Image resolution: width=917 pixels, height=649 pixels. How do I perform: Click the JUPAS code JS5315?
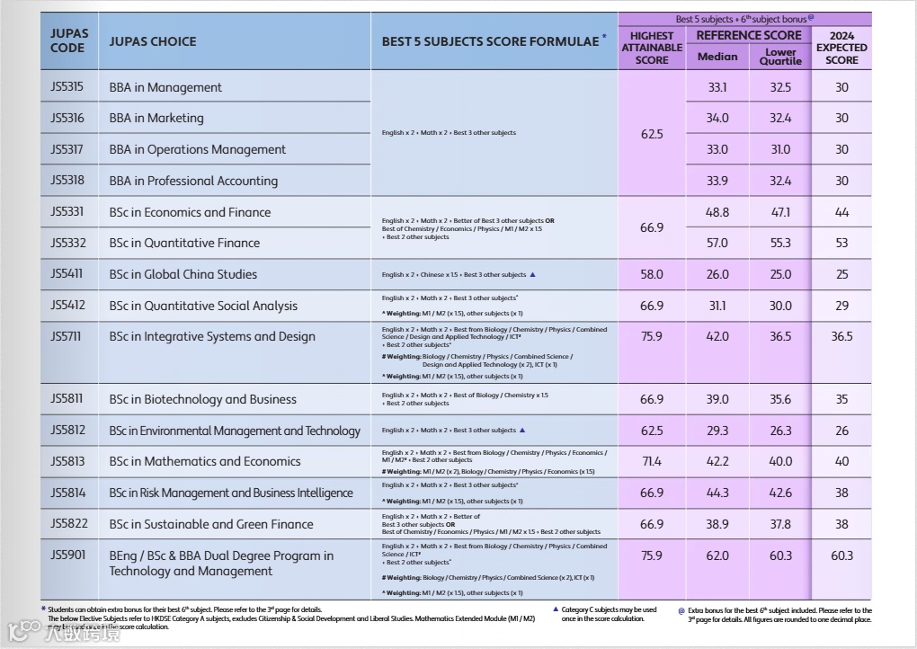tap(67, 87)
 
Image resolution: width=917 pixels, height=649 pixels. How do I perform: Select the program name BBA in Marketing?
tap(156, 118)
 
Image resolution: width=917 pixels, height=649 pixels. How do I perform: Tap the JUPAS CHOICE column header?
tap(152, 41)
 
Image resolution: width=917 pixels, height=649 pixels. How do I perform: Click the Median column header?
tap(717, 57)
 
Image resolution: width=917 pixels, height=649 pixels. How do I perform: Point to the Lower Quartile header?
tap(780, 57)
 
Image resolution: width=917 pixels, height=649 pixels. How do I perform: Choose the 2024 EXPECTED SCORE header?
tap(841, 49)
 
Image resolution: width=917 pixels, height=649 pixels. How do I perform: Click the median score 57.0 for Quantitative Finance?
tap(717, 243)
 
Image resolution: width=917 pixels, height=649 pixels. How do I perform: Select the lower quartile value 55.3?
tap(780, 243)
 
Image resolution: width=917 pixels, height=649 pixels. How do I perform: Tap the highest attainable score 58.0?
tap(652, 274)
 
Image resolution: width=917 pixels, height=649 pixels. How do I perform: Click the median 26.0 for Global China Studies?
tap(717, 274)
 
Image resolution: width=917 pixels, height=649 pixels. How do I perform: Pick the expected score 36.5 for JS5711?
tap(841, 336)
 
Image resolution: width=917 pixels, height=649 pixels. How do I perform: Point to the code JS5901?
tap(67, 555)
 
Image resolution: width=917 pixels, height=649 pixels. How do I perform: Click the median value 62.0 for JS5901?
tap(717, 556)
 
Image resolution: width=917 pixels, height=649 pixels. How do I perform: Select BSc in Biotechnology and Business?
tap(190, 399)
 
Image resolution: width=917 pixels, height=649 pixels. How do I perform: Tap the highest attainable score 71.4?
tap(652, 461)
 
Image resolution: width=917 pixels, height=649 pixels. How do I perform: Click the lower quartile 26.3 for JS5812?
tap(780, 431)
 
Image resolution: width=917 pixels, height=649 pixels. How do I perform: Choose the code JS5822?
tap(67, 523)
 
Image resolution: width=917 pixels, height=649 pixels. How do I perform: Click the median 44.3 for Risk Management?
tap(717, 493)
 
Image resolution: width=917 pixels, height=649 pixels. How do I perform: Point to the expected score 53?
tap(841, 243)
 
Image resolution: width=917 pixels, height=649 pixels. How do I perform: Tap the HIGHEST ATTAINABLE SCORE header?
tap(652, 49)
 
